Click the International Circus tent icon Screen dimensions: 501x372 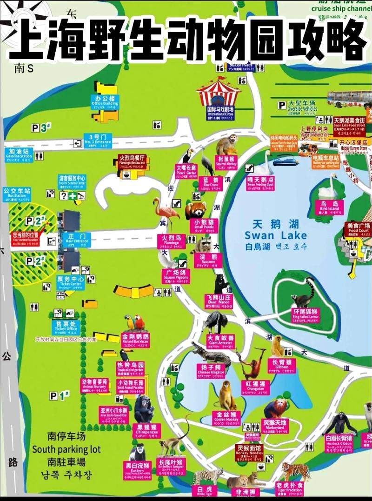coord(218,92)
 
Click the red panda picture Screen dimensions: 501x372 coord(195,210)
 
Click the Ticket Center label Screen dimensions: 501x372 coord(70,281)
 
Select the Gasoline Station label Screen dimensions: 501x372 coord(20,154)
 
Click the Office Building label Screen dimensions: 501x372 coord(105,102)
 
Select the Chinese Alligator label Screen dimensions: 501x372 coord(211,369)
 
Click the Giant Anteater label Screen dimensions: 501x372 coord(220,340)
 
